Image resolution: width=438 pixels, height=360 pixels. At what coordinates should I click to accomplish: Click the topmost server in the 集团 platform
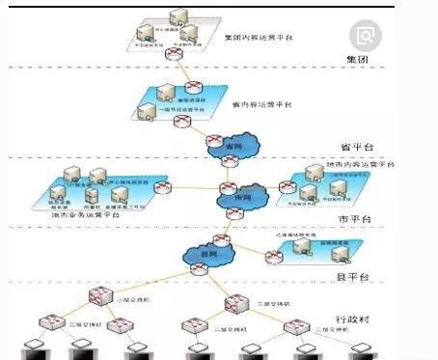(178, 16)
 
